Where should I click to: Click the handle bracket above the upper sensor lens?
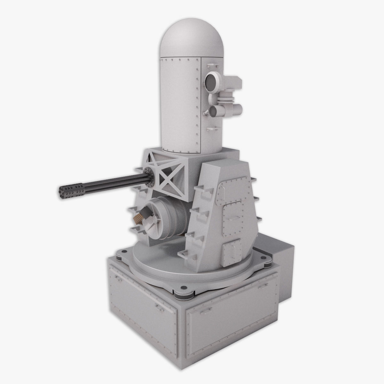click(x=210, y=66)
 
